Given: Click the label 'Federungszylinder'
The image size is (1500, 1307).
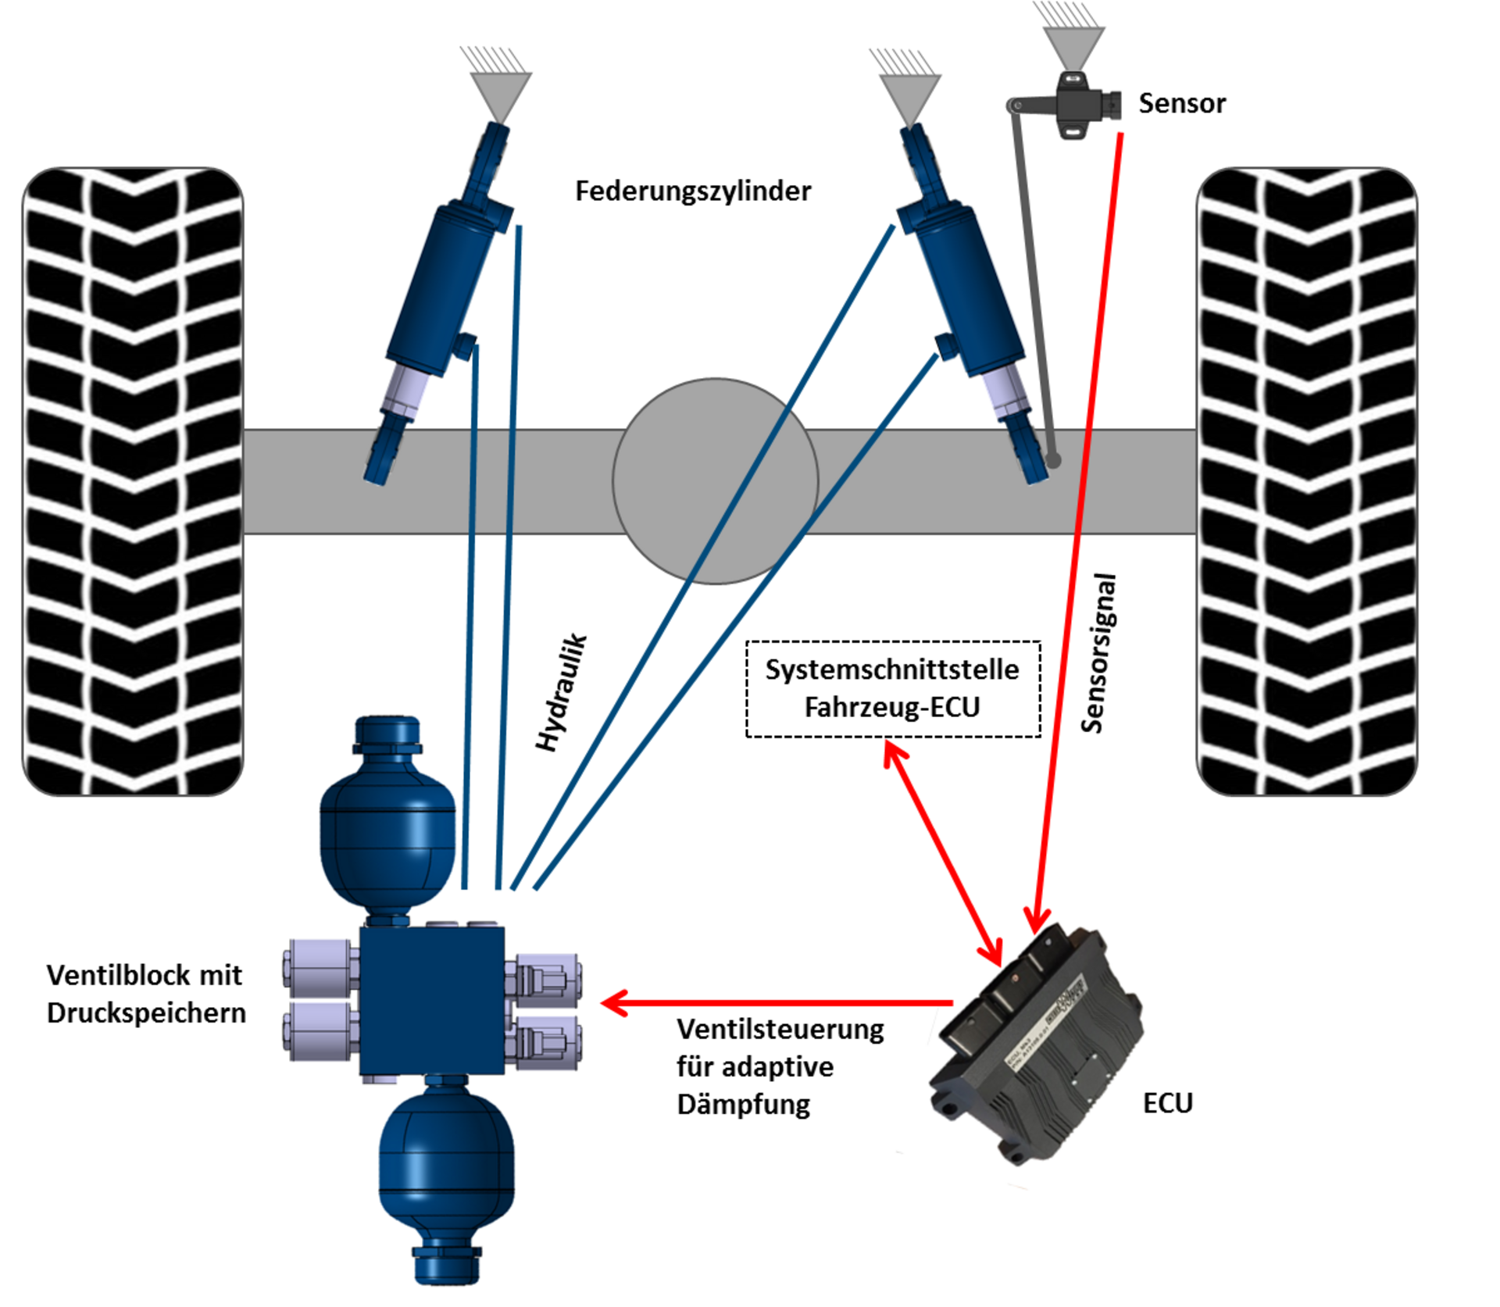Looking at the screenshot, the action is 693,191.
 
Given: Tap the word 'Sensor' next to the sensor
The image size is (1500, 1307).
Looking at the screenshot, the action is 1182,103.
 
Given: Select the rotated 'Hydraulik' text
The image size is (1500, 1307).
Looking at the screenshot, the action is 561,692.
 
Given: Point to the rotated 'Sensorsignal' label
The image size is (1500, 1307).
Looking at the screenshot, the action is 1099,653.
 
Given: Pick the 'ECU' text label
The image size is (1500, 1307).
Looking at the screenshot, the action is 1167,1103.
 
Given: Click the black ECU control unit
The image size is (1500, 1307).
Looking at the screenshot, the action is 1036,1043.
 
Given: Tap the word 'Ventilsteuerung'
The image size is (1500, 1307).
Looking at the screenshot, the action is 780,1030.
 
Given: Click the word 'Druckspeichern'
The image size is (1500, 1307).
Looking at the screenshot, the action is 146,1013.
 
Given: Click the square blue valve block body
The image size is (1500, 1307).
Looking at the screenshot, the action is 431,1001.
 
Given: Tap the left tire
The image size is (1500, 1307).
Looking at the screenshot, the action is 133,481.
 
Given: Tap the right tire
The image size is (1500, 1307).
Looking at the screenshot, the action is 1306,481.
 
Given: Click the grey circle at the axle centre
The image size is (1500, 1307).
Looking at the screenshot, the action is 715,481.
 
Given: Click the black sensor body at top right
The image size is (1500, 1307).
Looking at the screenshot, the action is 1081,105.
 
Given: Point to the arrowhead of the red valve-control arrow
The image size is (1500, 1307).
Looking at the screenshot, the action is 614,1002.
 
